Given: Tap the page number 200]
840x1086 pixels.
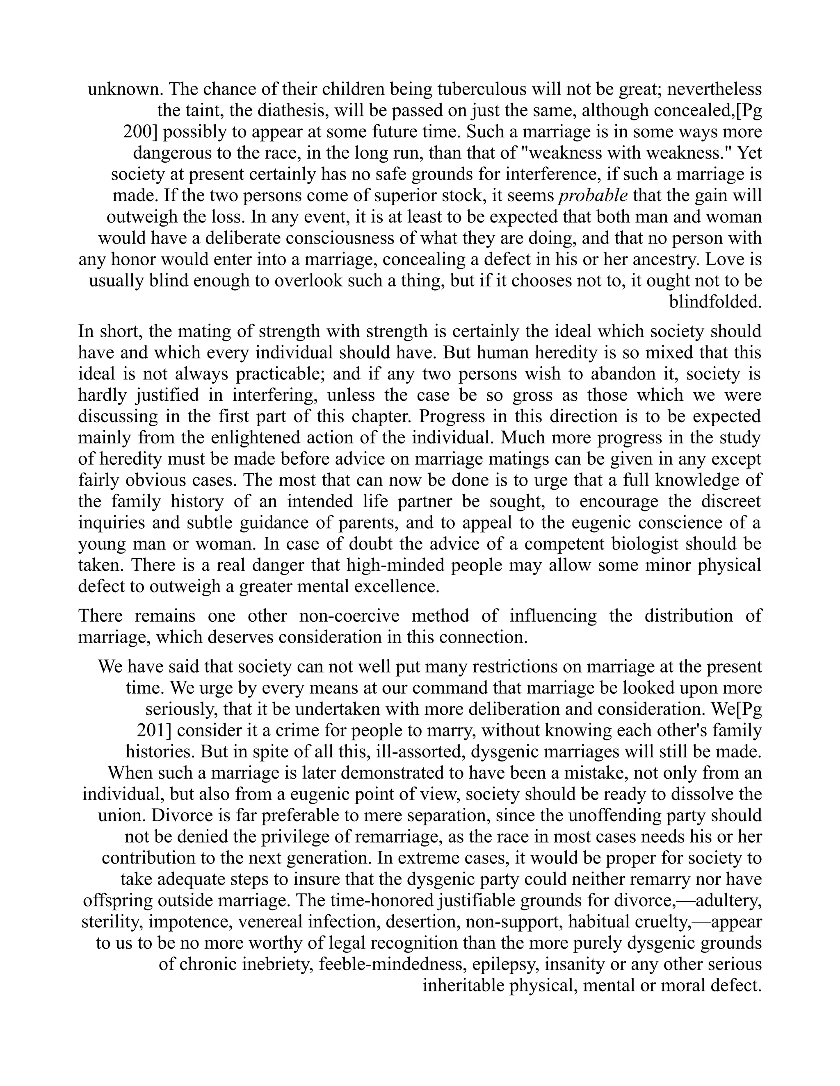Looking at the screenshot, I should tap(140, 132).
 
